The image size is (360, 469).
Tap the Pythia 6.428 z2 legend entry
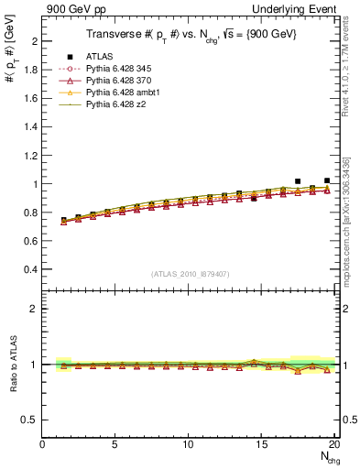(x=119, y=116)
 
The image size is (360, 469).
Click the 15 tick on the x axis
(x=262, y=444)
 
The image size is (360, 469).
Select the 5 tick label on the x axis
(x=115, y=444)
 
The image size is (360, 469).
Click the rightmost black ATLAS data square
(x=327, y=180)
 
